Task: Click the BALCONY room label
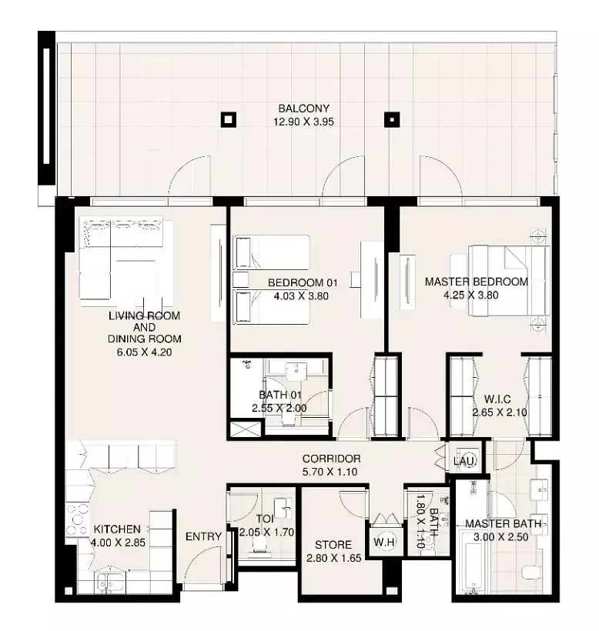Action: click(303, 109)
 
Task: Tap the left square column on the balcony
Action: click(228, 119)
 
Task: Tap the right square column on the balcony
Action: click(392, 119)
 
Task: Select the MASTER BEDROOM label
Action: click(477, 282)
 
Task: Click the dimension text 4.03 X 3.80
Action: click(301, 296)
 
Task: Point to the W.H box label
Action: click(384, 542)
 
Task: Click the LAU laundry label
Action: click(464, 461)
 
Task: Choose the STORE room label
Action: click(333, 545)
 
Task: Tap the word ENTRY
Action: click(203, 536)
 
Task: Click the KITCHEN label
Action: click(117, 529)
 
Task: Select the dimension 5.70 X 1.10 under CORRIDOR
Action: click(330, 472)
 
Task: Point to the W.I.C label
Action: click(497, 399)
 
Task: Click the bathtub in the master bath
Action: click(471, 562)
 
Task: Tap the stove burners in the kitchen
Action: click(77, 519)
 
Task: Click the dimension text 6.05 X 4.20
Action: click(144, 352)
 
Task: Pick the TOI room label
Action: click(265, 519)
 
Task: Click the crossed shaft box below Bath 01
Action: click(245, 429)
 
